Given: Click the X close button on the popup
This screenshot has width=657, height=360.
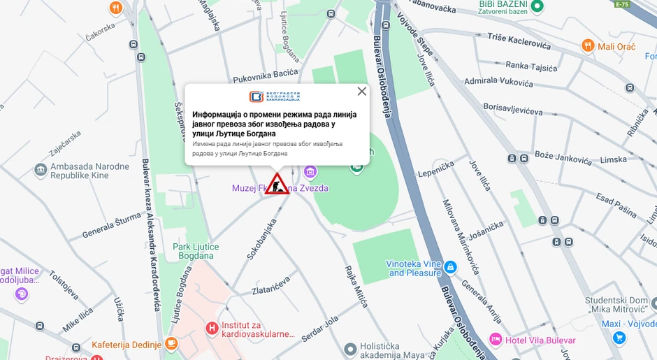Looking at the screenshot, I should pos(361,91).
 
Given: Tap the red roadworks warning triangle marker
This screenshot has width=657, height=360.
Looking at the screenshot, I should pos(277,185).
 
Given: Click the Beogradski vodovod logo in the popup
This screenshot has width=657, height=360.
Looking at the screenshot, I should pos(274,96).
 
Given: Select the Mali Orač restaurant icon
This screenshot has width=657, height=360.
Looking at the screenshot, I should pos(589,46).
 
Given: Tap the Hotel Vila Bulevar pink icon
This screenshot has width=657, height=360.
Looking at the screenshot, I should pos(496,340).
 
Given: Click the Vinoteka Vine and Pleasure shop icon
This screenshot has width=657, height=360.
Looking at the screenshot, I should pos(451,267).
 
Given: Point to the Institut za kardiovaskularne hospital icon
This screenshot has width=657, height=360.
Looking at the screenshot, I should pos(211,327).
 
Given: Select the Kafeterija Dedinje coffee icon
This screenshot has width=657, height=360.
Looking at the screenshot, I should pos(171,344).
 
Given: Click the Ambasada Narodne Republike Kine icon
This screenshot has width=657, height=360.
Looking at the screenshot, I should pos(41,170).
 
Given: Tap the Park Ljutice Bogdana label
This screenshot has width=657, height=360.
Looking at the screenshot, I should pos(196,251).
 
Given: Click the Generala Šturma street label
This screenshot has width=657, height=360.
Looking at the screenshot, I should pos(111,225).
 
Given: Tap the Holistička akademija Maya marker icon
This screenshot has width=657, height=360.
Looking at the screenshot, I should pos(350,348).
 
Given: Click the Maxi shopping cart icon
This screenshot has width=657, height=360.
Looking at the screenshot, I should pos(619,338).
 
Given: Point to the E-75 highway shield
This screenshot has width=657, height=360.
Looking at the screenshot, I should pos(621,4).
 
